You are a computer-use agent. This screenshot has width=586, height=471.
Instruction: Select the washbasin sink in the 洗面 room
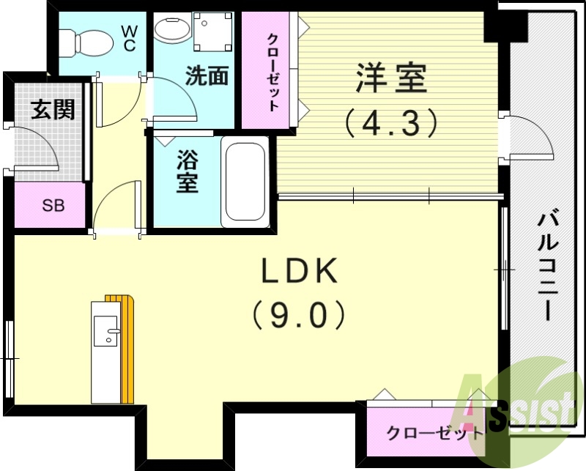point(173,31)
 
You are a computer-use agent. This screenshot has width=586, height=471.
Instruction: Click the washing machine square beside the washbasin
point(212,31)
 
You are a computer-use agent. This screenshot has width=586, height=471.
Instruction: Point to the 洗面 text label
point(207,76)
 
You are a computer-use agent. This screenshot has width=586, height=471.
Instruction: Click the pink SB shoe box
point(52,205)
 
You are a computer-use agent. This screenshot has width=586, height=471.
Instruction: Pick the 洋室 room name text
point(391,79)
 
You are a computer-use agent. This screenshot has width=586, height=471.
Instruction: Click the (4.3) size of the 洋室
point(392,122)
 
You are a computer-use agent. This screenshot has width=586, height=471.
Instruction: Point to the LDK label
point(300,272)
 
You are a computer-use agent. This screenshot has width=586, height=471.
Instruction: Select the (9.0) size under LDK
point(299,316)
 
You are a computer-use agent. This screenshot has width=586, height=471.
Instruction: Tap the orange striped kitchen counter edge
point(129,352)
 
